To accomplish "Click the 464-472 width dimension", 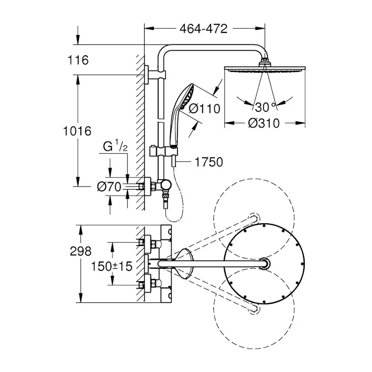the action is (204, 29).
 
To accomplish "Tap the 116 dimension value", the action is (78, 60).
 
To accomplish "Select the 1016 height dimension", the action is (77, 131).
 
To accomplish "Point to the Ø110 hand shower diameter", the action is (204, 109).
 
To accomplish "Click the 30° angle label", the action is (266, 107).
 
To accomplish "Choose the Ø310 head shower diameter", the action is (264, 124).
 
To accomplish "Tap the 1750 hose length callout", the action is (209, 162).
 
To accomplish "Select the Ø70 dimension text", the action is (109, 187).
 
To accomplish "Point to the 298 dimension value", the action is (81, 251).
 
